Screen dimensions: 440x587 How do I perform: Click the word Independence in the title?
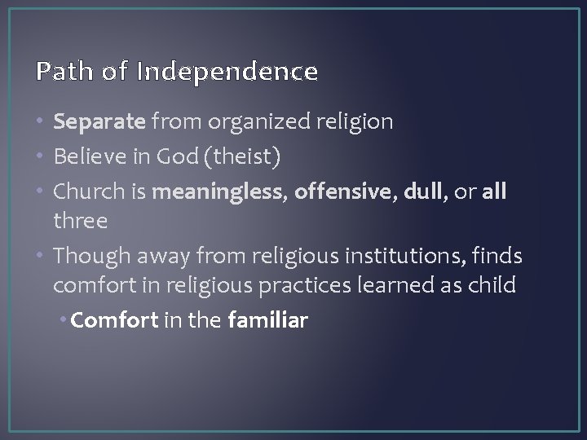click(227, 72)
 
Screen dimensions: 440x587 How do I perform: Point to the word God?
click(167, 156)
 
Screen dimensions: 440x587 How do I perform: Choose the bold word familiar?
click(267, 320)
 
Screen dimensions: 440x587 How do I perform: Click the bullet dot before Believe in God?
click(42, 156)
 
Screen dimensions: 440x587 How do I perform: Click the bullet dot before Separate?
click(42, 122)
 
